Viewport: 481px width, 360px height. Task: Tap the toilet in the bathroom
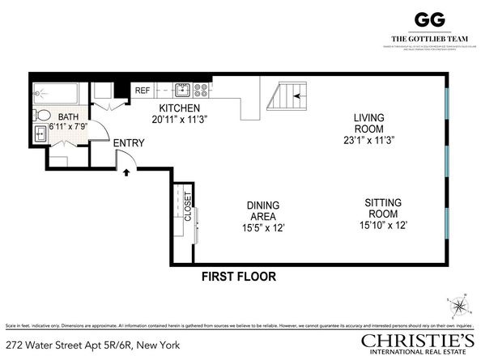(45, 115)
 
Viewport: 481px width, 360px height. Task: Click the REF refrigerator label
(143, 91)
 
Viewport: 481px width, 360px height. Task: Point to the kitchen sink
(183, 89)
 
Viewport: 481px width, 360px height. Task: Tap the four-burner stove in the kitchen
(201, 89)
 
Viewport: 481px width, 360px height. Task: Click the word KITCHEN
(179, 108)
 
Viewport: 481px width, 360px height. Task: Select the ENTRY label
(129, 143)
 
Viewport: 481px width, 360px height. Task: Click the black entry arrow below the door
(125, 171)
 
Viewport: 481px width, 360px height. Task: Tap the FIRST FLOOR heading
(239, 277)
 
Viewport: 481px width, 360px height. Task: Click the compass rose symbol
(459, 305)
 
